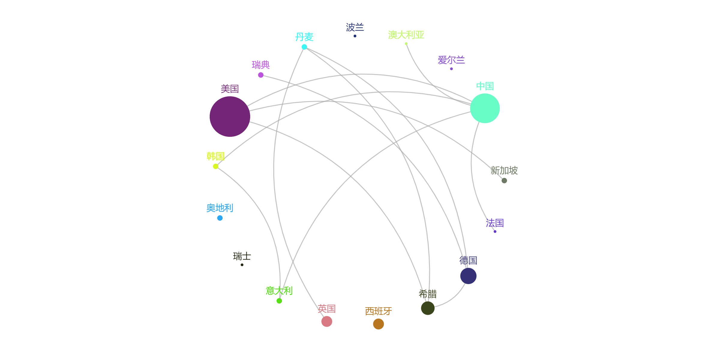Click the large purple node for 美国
pyautogui.click(x=230, y=116)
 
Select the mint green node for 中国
pyautogui.click(x=485, y=108)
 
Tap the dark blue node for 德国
pyautogui.click(x=468, y=276)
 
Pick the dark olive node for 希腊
pyautogui.click(x=428, y=308)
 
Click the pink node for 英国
pyautogui.click(x=327, y=321)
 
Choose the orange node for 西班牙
pyautogui.click(x=378, y=324)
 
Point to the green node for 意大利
pyautogui.click(x=279, y=301)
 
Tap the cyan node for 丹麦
pyautogui.click(x=304, y=47)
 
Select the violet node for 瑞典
pyautogui.click(x=261, y=75)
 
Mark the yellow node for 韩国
pyautogui.click(x=216, y=166)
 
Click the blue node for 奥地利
pyautogui.click(x=220, y=218)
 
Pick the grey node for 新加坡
pyautogui.click(x=504, y=181)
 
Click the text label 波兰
pyautogui.click(x=355, y=27)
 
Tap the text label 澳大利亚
pyautogui.click(x=406, y=35)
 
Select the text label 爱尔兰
pyautogui.click(x=451, y=60)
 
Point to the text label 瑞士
pyautogui.click(x=242, y=256)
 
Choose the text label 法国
pyautogui.click(x=495, y=223)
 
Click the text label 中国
pyautogui.click(x=485, y=86)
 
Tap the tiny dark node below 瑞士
pyautogui.click(x=242, y=265)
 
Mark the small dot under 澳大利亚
pyautogui.click(x=406, y=44)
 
